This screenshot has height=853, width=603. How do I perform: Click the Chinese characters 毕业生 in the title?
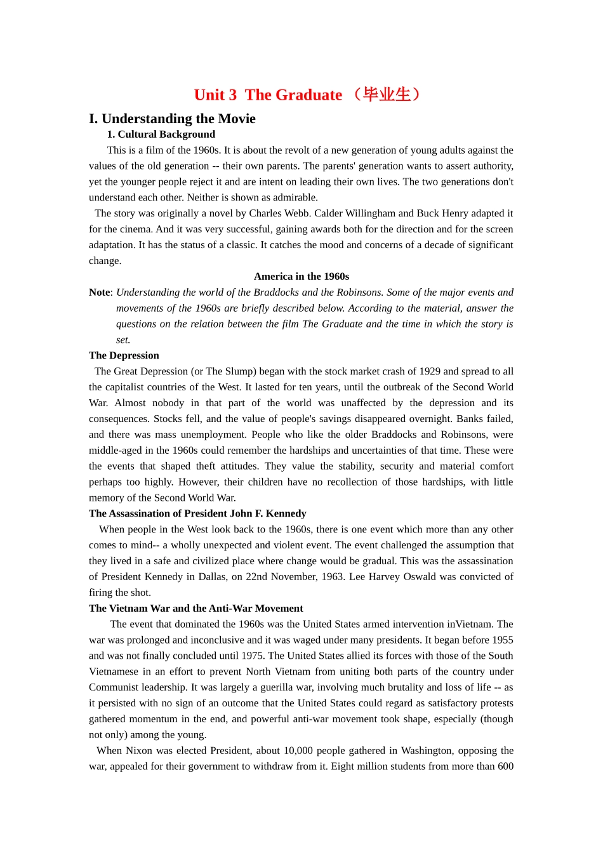pyautogui.click(x=387, y=95)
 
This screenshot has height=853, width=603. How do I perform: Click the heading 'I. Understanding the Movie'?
pyautogui.click(x=172, y=119)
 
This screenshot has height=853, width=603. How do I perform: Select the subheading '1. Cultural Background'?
pyautogui.click(x=161, y=134)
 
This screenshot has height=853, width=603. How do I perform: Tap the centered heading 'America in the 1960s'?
pyautogui.click(x=301, y=276)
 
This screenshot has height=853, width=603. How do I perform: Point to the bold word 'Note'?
pyautogui.click(x=100, y=292)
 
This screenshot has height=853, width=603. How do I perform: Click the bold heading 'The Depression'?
pyautogui.click(x=124, y=355)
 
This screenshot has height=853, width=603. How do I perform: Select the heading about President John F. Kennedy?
pyautogui.click(x=197, y=513)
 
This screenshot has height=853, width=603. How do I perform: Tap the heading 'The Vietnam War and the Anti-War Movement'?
pyautogui.click(x=195, y=608)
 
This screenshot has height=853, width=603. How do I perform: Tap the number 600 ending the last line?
pyautogui.click(x=505, y=766)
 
